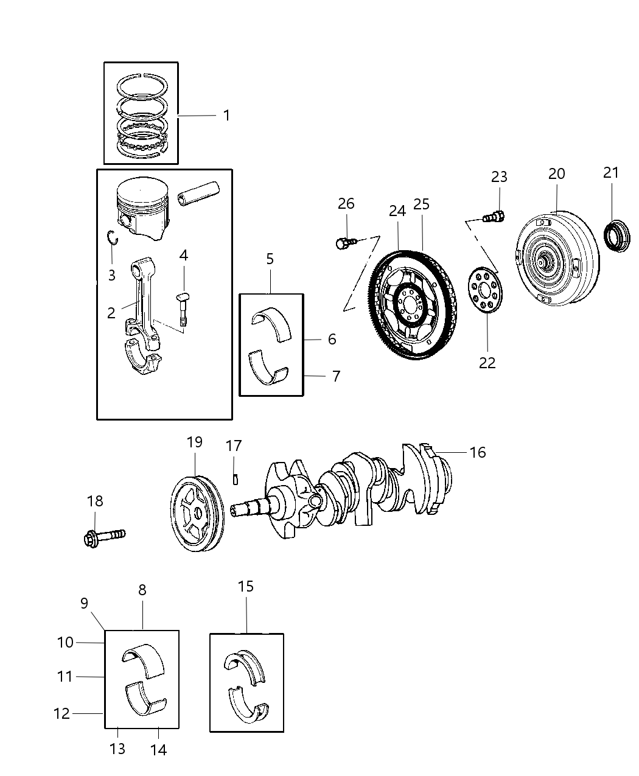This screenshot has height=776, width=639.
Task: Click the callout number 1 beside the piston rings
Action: pyautogui.click(x=226, y=115)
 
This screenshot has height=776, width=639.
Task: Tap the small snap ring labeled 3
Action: pyautogui.click(x=111, y=238)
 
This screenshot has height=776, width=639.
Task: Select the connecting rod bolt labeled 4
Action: pyautogui.click(x=183, y=307)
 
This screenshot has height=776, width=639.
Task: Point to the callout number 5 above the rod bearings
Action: pyautogui.click(x=270, y=259)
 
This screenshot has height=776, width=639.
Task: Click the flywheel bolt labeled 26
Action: pyautogui.click(x=344, y=243)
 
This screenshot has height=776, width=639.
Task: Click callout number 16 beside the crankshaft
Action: pyautogui.click(x=478, y=452)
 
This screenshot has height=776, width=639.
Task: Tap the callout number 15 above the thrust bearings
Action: pyautogui.click(x=246, y=587)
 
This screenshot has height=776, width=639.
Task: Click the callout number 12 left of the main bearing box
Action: pyautogui.click(x=62, y=713)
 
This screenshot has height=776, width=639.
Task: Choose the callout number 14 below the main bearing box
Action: pyautogui.click(x=158, y=750)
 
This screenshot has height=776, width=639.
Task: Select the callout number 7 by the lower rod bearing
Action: pyautogui.click(x=336, y=376)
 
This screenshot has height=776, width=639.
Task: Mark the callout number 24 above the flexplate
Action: pyautogui.click(x=397, y=211)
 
